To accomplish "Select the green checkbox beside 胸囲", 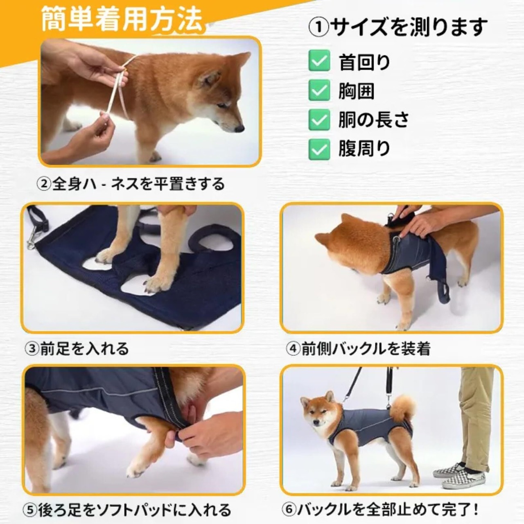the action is click(x=319, y=90).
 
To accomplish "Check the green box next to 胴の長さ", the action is click(x=319, y=120).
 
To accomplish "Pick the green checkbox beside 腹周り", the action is click(x=319, y=149).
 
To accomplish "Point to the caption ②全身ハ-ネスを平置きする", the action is click(x=131, y=184).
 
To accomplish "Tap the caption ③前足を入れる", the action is click(x=77, y=348).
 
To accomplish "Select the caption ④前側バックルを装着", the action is click(x=359, y=348).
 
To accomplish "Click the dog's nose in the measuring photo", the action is click(x=239, y=129).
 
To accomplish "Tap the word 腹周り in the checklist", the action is click(x=364, y=149).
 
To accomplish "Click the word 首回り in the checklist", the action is click(x=364, y=62).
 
